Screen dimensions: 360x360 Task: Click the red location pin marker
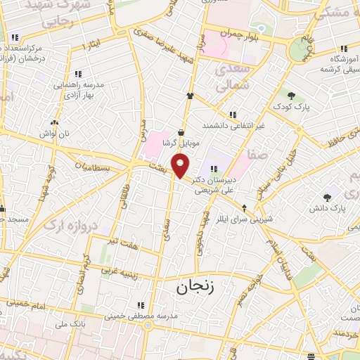(181, 167)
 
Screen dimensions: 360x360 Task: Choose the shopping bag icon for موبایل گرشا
(181, 131)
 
